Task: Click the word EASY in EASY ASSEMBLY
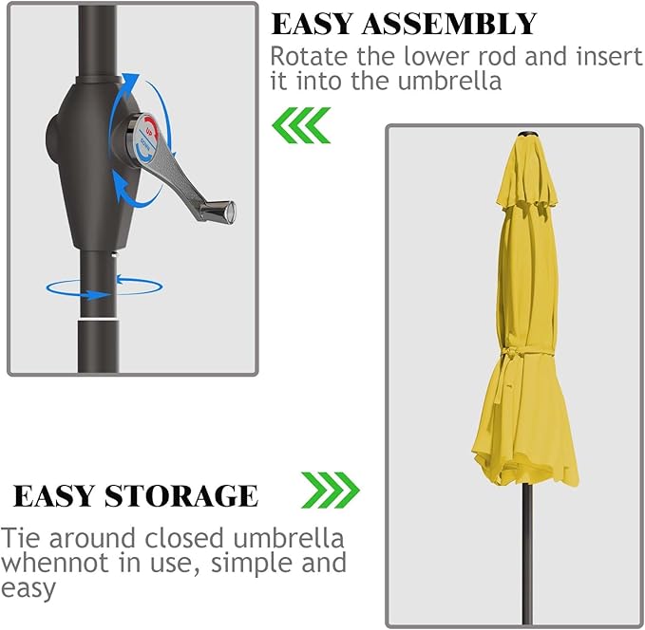(313, 24)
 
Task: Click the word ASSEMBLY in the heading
(449, 24)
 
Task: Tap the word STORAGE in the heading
(181, 495)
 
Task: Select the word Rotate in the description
(310, 56)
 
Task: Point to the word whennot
(54, 563)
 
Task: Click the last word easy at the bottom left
(28, 589)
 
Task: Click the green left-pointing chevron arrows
(301, 125)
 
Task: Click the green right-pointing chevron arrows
(331, 491)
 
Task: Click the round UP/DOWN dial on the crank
(147, 137)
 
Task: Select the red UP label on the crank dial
(150, 130)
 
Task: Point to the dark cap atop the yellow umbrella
(527, 134)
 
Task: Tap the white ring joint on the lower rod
(99, 319)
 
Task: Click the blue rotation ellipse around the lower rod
(104, 287)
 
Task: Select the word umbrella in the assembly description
(449, 81)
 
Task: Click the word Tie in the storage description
(22, 538)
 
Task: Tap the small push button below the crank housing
(115, 254)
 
